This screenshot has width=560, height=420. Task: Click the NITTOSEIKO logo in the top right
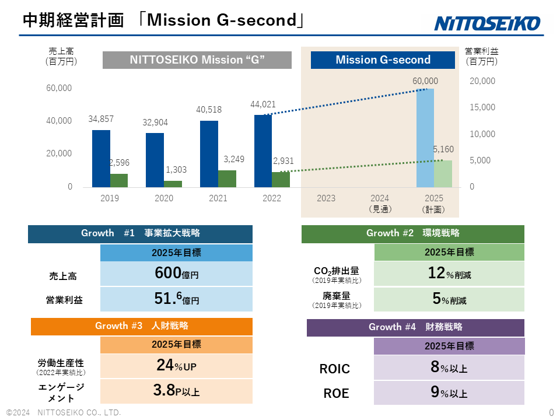click(x=488, y=23)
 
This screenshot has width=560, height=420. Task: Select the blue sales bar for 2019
click(x=101, y=158)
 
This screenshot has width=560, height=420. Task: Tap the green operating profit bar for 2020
click(x=173, y=184)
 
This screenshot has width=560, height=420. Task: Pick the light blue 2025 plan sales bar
click(x=425, y=138)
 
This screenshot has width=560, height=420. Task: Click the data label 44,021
click(x=263, y=104)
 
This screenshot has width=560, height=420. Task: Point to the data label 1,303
click(x=176, y=170)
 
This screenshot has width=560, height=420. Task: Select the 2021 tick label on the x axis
click(x=218, y=198)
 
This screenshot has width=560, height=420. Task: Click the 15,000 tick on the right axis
click(x=482, y=107)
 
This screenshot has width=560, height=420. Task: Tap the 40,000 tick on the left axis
click(x=59, y=121)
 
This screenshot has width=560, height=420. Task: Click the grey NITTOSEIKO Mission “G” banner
click(x=197, y=60)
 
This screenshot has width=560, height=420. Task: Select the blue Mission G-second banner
click(x=383, y=60)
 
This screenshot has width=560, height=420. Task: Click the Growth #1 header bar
click(x=140, y=233)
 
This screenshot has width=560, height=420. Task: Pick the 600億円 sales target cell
click(x=177, y=274)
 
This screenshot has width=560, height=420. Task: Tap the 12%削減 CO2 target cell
click(x=449, y=273)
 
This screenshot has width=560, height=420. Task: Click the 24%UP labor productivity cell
click(x=177, y=366)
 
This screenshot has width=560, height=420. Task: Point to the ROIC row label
click(x=335, y=369)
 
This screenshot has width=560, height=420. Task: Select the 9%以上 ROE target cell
click(x=449, y=393)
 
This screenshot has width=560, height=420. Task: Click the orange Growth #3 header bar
click(x=141, y=326)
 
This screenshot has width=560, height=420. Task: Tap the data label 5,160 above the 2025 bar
click(x=443, y=150)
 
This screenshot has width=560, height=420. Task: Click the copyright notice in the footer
click(x=64, y=412)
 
